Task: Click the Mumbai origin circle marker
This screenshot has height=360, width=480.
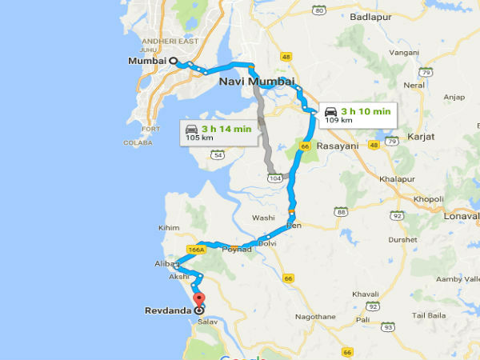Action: pos(172,61)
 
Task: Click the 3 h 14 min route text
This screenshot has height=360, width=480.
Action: pos(227,128)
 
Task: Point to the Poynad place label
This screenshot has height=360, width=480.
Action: pos(236,250)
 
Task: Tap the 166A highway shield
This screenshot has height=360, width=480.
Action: pos(196,249)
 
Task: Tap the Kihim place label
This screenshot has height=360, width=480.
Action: pos(170,228)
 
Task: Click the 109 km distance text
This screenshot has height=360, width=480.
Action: pos(334,122)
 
